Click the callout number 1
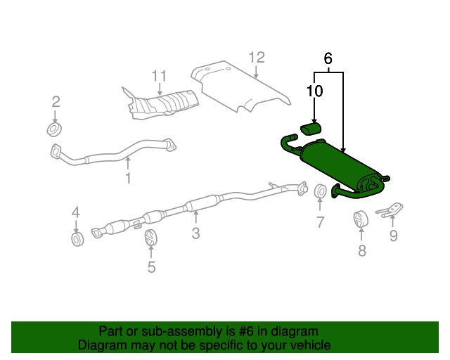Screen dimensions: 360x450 coord(128,179)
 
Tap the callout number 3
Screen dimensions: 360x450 coord(195,233)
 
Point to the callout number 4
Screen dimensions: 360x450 coord(76,212)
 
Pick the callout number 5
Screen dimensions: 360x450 coord(151,266)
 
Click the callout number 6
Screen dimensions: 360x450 coord(328,59)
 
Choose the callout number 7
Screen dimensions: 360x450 coord(320,223)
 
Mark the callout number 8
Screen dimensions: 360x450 coord(361,250)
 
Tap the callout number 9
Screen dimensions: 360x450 coord(393,236)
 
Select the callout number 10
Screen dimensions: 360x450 coord(314,91)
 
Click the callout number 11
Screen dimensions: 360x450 coord(160,75)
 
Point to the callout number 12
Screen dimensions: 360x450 coord(257,57)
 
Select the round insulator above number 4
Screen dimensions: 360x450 coord(77,240)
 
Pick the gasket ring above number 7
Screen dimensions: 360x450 coord(320,191)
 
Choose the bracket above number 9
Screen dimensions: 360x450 coord(389,210)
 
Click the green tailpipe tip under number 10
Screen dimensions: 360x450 coord(311,127)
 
